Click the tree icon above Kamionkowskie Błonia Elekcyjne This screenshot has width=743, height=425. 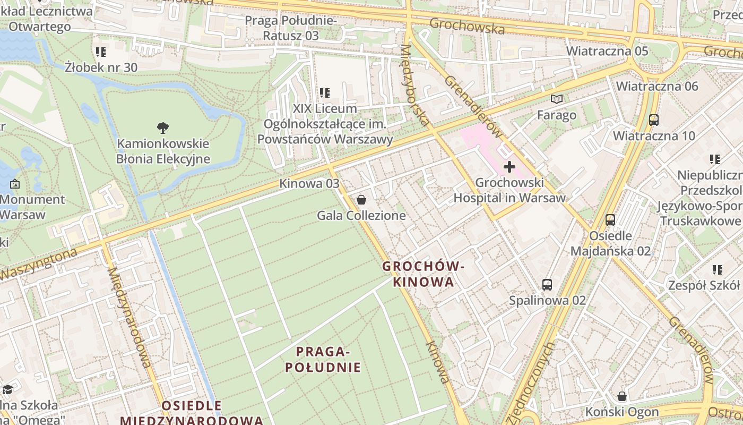click(x=163, y=127)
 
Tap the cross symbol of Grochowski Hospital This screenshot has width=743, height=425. click(x=509, y=167)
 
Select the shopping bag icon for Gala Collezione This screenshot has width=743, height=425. click(x=361, y=200)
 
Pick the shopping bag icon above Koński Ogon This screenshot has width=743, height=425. click(x=622, y=396)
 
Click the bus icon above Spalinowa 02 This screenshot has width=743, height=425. click(x=547, y=285)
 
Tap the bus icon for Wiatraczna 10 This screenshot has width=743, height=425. click(x=654, y=120)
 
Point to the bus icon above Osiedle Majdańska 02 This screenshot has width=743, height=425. click(x=610, y=219)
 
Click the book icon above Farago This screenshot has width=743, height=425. click(x=556, y=99)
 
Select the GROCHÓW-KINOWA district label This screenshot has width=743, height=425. click(x=424, y=274)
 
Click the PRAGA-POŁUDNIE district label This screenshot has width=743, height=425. click(x=323, y=359)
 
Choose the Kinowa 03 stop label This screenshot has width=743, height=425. click(x=309, y=184)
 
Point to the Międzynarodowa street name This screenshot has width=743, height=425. click(x=130, y=317)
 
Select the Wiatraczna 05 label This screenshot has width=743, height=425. click(x=607, y=51)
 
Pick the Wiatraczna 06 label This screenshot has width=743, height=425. click(x=657, y=86)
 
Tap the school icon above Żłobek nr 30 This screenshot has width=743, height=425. click(x=101, y=52)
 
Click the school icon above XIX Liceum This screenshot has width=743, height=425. click(x=325, y=93)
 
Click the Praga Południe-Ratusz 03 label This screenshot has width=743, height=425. click(x=290, y=28)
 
